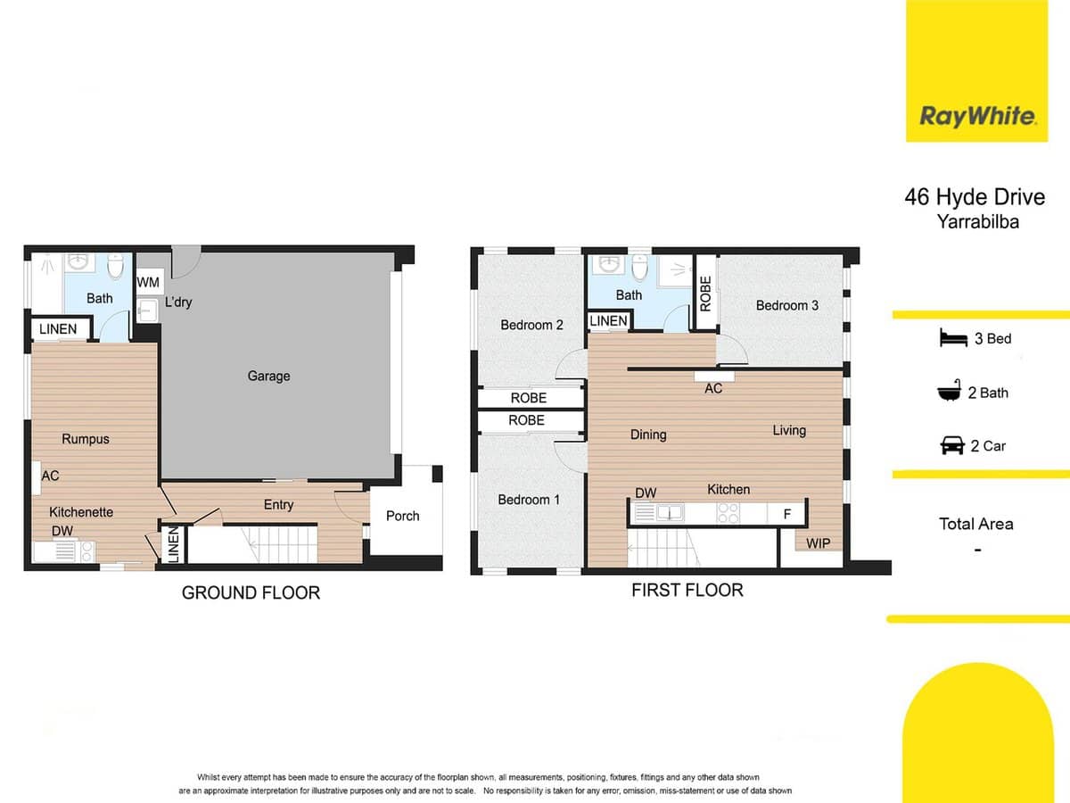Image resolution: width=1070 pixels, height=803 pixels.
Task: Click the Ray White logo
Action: click(x=977, y=115)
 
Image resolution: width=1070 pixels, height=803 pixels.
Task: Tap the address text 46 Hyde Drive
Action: click(x=974, y=197)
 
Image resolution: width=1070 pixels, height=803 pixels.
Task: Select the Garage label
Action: click(x=268, y=377)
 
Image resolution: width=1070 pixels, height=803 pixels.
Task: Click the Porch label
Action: click(x=402, y=516)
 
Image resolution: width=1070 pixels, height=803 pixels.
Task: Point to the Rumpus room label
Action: click(x=86, y=439)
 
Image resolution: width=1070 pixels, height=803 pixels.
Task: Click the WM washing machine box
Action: click(x=148, y=283)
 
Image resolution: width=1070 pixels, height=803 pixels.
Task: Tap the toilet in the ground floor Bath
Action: click(x=116, y=266)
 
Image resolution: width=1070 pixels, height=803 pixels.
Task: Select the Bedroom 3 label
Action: click(x=786, y=305)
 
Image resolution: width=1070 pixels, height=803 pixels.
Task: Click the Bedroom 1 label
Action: click(x=529, y=500)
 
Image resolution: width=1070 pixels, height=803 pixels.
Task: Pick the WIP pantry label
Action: click(x=818, y=543)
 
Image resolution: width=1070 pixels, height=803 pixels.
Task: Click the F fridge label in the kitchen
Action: click(x=786, y=514)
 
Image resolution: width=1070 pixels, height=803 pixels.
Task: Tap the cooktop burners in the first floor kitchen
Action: click(x=728, y=513)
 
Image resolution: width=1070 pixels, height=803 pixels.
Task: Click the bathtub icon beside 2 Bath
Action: click(x=951, y=392)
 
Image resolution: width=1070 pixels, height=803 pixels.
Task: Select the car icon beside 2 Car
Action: click(x=951, y=445)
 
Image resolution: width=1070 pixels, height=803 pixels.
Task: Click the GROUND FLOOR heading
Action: click(x=251, y=592)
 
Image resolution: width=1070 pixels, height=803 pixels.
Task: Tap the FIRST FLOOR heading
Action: click(x=687, y=590)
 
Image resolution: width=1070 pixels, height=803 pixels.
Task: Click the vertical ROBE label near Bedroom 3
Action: click(x=705, y=293)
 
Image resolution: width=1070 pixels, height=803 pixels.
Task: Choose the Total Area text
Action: click(x=975, y=524)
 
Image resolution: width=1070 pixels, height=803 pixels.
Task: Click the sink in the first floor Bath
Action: click(x=610, y=264)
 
